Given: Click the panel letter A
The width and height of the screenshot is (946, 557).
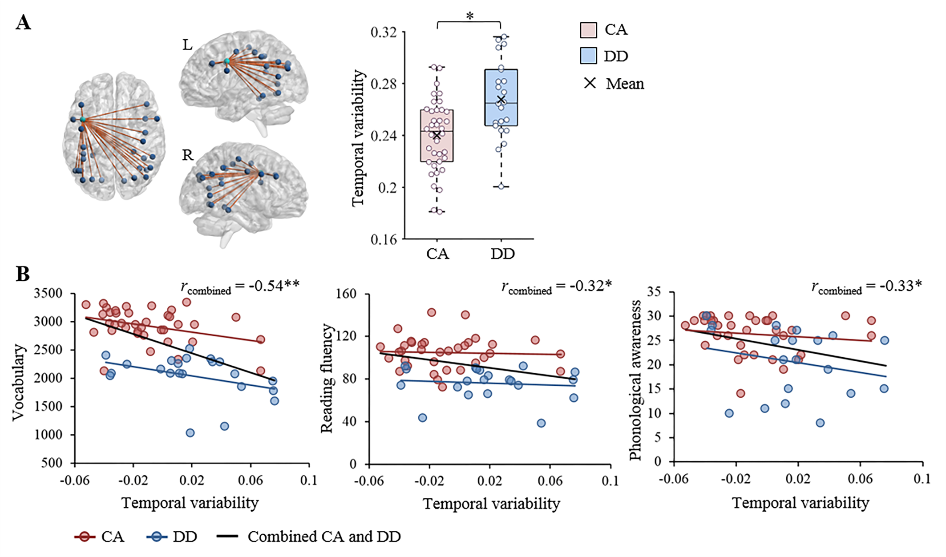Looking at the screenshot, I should click(23, 22).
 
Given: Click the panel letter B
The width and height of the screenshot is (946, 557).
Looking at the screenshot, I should click(23, 274).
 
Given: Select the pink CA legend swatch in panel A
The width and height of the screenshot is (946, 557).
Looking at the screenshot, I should click(588, 30).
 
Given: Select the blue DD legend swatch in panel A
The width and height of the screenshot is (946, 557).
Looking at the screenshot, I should click(588, 56).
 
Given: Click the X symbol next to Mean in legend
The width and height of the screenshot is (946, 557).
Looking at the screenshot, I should click(590, 83).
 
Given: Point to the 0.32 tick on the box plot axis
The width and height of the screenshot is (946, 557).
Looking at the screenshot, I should click(384, 32).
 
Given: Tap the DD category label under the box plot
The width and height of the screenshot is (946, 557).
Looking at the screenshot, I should click(502, 254).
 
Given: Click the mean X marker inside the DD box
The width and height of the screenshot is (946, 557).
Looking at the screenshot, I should click(501, 100).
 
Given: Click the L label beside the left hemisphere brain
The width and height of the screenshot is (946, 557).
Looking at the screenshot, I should click(187, 45).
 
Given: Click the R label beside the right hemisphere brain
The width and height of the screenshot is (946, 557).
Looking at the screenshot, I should click(188, 155).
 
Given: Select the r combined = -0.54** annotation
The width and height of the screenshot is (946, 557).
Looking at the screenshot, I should click(240, 287).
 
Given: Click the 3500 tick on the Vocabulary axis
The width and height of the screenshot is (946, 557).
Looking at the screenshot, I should click(49, 294).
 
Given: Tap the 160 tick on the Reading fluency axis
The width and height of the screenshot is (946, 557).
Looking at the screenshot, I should click(347, 294).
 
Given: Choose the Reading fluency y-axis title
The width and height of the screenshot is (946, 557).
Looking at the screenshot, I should click(327, 378).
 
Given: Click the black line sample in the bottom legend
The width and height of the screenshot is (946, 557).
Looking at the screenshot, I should click(228, 537).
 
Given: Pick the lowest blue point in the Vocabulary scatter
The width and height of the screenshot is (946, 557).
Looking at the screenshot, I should click(190, 433).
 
